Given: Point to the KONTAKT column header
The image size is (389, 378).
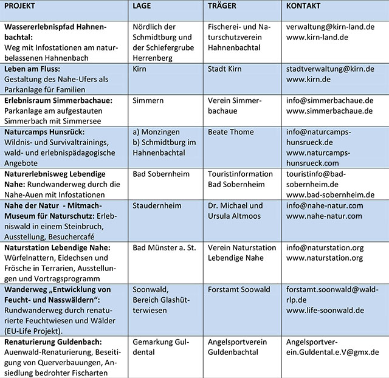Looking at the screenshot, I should [304, 6].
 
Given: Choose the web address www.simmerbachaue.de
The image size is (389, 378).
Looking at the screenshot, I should [329, 111].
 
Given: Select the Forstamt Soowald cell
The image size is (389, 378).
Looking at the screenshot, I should [239, 289].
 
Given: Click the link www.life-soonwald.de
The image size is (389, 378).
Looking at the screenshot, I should [325, 310].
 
